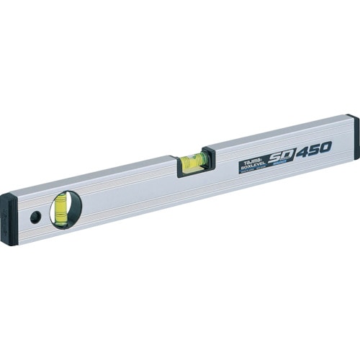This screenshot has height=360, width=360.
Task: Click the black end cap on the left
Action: tap(9, 219)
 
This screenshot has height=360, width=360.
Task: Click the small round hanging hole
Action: tap(35, 217)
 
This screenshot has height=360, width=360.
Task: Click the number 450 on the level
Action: tap(312, 148)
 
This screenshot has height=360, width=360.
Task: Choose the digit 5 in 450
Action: tap(313, 148)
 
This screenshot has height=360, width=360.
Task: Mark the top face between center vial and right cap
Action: tap(281, 131)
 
